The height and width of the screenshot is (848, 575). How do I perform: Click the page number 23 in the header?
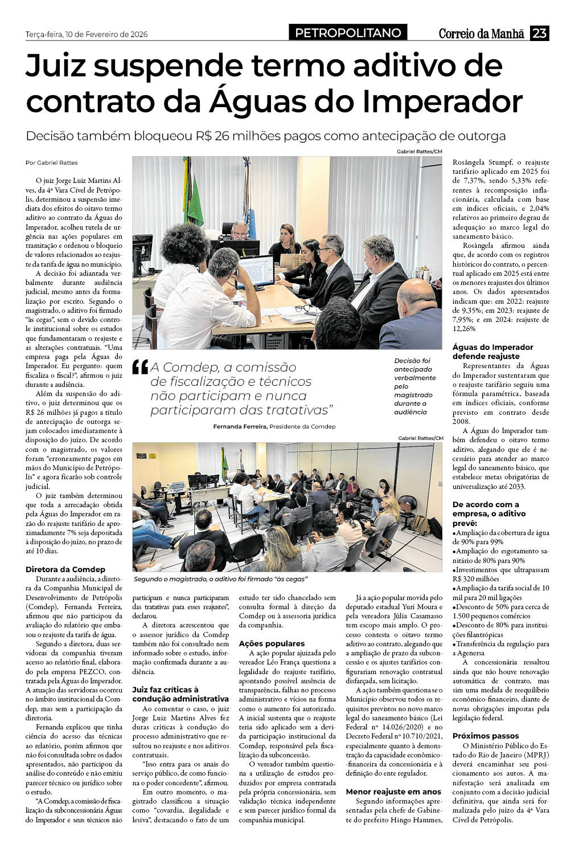(539, 34)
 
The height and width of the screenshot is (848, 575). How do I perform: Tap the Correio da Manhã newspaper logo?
(481, 34)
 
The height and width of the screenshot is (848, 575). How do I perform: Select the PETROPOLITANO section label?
(348, 33)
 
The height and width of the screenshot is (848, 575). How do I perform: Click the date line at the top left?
(87, 34)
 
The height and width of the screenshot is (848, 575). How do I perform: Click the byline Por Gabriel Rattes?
(52, 162)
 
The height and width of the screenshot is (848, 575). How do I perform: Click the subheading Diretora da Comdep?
(65, 569)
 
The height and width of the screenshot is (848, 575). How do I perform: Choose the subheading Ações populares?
(272, 643)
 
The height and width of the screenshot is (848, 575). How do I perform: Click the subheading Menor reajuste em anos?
(393, 792)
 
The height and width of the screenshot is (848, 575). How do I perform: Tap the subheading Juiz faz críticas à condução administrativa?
(180, 694)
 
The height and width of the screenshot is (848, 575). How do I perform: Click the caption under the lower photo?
(220, 579)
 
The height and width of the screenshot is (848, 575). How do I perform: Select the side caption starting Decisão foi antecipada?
(416, 386)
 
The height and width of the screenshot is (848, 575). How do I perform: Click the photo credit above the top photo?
(420, 151)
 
